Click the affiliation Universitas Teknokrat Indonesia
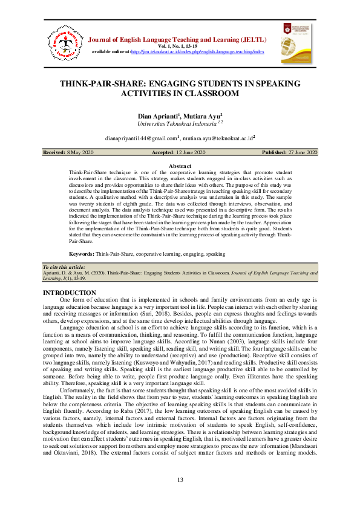click(175, 123)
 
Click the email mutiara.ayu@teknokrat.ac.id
click(217, 138)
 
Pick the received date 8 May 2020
click(79, 153)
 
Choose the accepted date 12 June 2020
click(191, 153)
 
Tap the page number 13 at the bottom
click(180, 480)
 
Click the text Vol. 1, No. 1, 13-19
click(180, 47)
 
